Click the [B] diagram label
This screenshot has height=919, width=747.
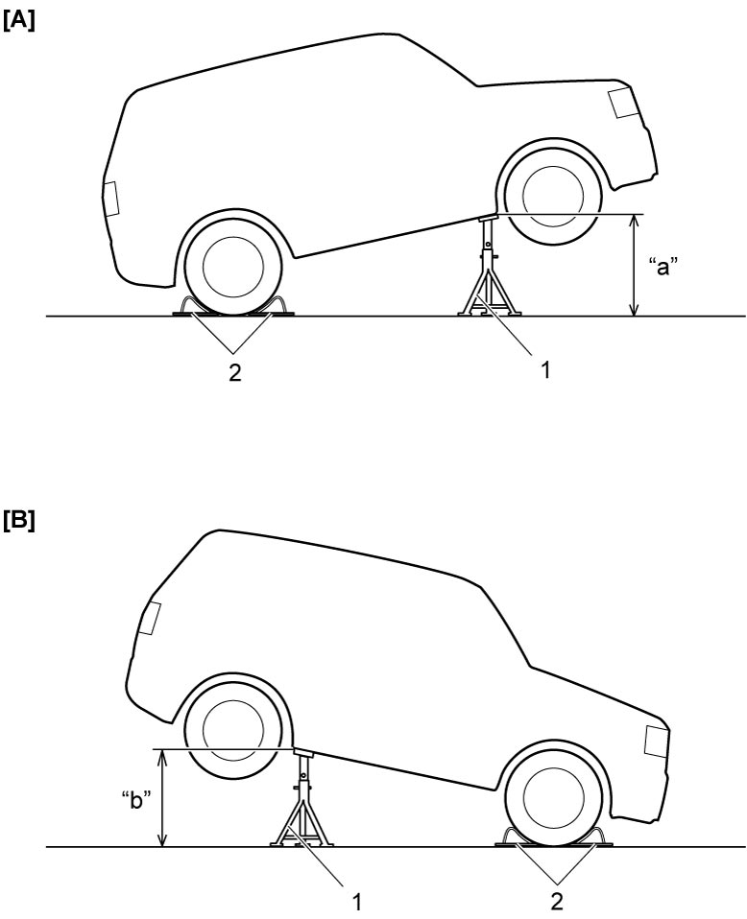click(x=19, y=521)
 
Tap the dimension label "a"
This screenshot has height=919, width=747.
click(x=663, y=269)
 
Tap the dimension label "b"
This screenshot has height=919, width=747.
click(x=136, y=801)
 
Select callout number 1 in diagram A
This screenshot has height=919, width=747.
click(x=545, y=370)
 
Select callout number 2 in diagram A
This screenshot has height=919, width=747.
click(x=234, y=373)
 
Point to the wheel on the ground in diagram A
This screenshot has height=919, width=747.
click(x=233, y=266)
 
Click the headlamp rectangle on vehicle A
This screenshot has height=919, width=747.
click(x=622, y=103)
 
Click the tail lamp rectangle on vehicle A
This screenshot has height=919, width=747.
click(x=111, y=199)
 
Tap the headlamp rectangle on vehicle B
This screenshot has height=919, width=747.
click(x=656, y=741)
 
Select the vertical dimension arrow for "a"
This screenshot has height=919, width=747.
click(x=633, y=266)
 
